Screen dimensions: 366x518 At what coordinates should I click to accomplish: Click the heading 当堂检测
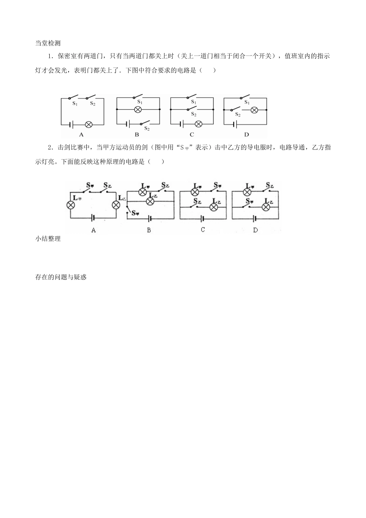[48, 43]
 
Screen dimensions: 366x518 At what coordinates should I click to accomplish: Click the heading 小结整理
[48, 239]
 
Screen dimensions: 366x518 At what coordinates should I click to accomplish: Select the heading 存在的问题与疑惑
[61, 277]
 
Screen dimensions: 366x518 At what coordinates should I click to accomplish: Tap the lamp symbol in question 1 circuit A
[89, 125]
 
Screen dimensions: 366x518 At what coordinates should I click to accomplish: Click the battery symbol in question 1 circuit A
[71, 125]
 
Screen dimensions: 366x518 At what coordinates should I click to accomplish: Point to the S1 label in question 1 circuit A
[75, 104]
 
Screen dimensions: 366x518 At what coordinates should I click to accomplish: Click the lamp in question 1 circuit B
[138, 109]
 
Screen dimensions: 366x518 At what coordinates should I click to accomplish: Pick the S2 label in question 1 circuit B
[147, 129]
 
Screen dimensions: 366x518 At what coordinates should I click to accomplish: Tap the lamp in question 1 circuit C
[198, 124]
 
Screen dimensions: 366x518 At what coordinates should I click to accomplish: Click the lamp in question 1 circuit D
[254, 110]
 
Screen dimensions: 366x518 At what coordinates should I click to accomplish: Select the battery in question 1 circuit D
[235, 124]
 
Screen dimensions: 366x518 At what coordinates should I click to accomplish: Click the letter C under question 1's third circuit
[192, 135]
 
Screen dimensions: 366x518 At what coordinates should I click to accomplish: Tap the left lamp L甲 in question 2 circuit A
[71, 205]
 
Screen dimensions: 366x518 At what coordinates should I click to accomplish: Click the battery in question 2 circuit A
[93, 218]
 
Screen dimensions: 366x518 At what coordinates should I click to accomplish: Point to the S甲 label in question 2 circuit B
[135, 213]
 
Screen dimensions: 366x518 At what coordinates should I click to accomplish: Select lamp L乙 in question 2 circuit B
[150, 202]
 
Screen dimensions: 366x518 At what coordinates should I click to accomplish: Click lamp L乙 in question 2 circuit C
[214, 207]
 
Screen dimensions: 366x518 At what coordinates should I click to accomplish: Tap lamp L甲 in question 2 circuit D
[247, 192]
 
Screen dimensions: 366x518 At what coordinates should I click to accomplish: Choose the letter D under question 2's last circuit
[255, 230]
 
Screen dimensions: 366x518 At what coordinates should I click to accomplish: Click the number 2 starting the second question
[49, 148]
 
